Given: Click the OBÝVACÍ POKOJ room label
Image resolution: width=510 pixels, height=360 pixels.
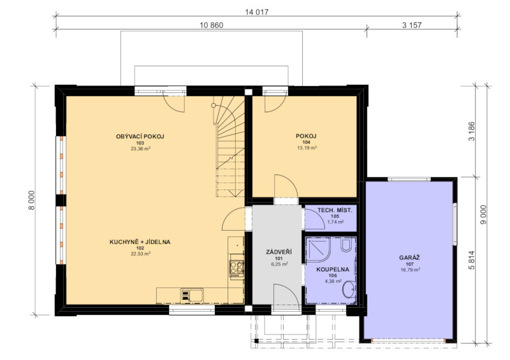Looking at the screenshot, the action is (140, 136).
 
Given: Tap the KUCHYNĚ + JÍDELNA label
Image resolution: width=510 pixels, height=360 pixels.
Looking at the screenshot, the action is (140, 242).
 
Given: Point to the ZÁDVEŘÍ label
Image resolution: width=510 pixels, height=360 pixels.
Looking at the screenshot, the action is (279, 252).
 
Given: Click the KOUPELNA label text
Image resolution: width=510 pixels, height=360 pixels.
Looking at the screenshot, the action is (333, 270).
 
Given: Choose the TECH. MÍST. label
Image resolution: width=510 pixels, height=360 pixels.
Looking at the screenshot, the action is (335, 210).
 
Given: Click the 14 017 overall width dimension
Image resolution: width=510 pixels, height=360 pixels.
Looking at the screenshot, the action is (257, 12).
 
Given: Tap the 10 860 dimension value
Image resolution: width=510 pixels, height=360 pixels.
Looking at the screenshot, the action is (212, 25).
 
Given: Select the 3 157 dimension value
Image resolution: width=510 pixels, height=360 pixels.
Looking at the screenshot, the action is (412, 25).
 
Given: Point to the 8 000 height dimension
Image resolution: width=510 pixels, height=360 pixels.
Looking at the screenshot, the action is (31, 200).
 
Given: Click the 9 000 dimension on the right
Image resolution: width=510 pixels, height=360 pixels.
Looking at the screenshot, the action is (483, 215).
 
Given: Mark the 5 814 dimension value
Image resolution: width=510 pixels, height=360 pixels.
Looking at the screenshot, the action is (471, 260).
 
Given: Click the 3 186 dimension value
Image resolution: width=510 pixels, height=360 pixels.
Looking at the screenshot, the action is (471, 131).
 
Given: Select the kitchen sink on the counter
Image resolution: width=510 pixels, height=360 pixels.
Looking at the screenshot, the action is (192, 295).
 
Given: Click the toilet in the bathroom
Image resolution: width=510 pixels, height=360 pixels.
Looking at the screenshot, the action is (346, 244).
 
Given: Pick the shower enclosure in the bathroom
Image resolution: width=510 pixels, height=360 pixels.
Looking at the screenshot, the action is (317, 249).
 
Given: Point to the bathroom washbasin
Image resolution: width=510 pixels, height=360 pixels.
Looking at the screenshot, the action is (349, 289).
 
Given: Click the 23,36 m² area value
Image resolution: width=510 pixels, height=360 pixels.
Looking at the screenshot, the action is (140, 148).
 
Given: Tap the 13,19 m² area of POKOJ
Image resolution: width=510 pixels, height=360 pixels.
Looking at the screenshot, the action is (307, 148).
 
